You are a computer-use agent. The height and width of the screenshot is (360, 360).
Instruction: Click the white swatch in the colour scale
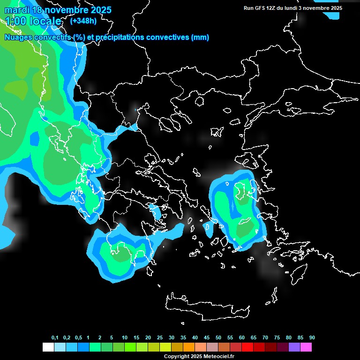48,347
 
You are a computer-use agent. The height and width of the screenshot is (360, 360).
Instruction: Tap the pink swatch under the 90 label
306,347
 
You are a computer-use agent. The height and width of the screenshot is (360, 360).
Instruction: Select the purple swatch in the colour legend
294,347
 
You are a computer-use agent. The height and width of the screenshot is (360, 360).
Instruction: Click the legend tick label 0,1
55,338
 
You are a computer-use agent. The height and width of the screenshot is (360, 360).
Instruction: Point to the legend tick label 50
218,338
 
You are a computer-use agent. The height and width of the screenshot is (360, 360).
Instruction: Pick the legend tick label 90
312,338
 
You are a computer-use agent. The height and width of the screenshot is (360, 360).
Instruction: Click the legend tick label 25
160,338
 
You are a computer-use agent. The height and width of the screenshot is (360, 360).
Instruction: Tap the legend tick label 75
277,338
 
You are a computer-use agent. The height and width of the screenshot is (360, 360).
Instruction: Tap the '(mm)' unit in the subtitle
200,37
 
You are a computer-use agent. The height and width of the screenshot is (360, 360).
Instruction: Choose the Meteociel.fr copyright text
199,357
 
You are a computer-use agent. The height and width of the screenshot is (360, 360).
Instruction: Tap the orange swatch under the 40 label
188,347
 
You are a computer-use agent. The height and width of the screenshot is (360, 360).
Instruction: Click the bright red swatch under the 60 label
247,347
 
